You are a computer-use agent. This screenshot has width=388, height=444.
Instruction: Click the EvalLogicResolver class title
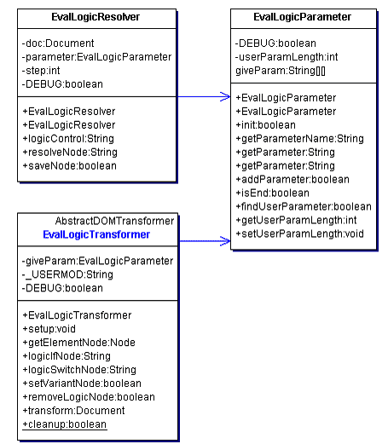[96, 17]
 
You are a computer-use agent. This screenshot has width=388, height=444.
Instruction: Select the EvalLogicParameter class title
[302, 17]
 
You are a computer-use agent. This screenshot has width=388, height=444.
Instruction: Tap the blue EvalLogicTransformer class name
[96, 234]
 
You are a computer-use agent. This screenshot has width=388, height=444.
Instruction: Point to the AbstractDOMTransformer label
[114, 221]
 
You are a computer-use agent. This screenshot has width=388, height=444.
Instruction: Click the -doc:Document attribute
[58, 43]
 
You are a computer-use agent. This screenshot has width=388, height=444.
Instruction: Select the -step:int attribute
[41, 71]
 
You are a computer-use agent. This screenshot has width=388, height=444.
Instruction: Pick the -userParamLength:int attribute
[287, 57]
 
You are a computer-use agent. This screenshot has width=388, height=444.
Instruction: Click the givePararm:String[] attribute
[281, 71]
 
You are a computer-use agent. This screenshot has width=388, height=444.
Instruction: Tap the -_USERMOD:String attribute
[67, 274]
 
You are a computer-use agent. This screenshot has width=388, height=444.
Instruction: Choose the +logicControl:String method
[68, 139]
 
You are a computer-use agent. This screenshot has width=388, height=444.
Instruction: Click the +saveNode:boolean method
[70, 166]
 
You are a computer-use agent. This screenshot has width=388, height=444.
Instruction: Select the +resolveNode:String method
[70, 153]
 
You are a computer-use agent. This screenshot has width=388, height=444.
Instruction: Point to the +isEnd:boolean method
[272, 193]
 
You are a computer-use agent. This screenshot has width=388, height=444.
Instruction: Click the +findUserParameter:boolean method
[304, 207]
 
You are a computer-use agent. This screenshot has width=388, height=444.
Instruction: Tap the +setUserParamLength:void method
[299, 234]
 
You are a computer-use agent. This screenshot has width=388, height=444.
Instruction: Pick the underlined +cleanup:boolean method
[65, 424]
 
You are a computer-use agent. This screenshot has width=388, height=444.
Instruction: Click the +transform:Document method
[73, 411]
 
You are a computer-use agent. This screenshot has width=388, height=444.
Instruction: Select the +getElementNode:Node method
[79, 343]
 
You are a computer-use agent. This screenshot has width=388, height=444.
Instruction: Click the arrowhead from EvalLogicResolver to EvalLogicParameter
[225, 96]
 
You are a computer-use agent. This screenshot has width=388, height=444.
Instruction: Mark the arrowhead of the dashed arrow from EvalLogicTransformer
[225, 241]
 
